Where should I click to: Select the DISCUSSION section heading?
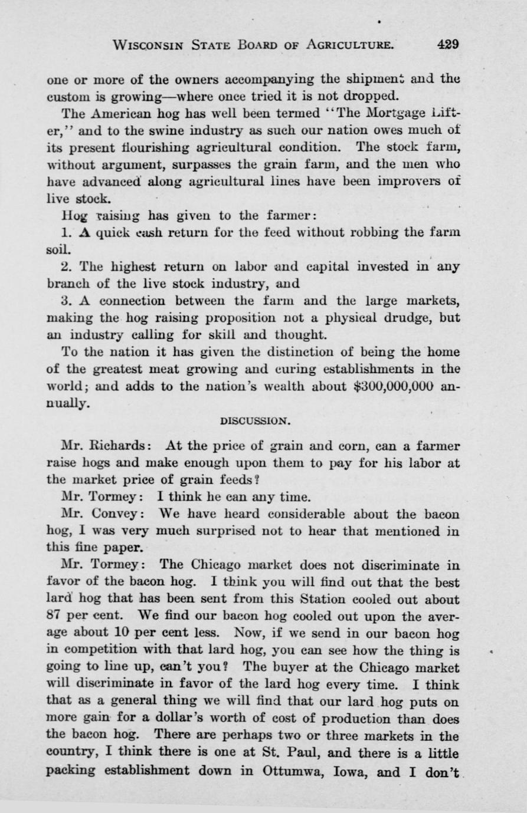click(254, 421)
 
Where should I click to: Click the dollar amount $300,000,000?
click(384, 387)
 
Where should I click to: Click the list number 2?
click(66, 266)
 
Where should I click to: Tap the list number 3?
click(66, 301)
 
